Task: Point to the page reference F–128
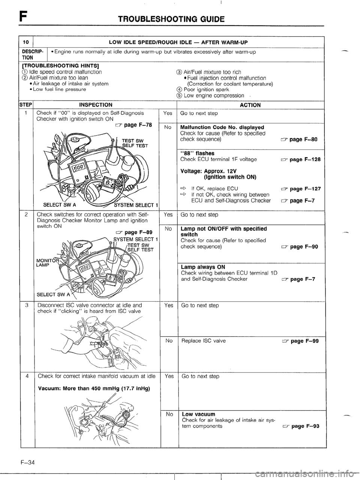click(x=304, y=159)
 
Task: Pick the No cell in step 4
click(x=169, y=415)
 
